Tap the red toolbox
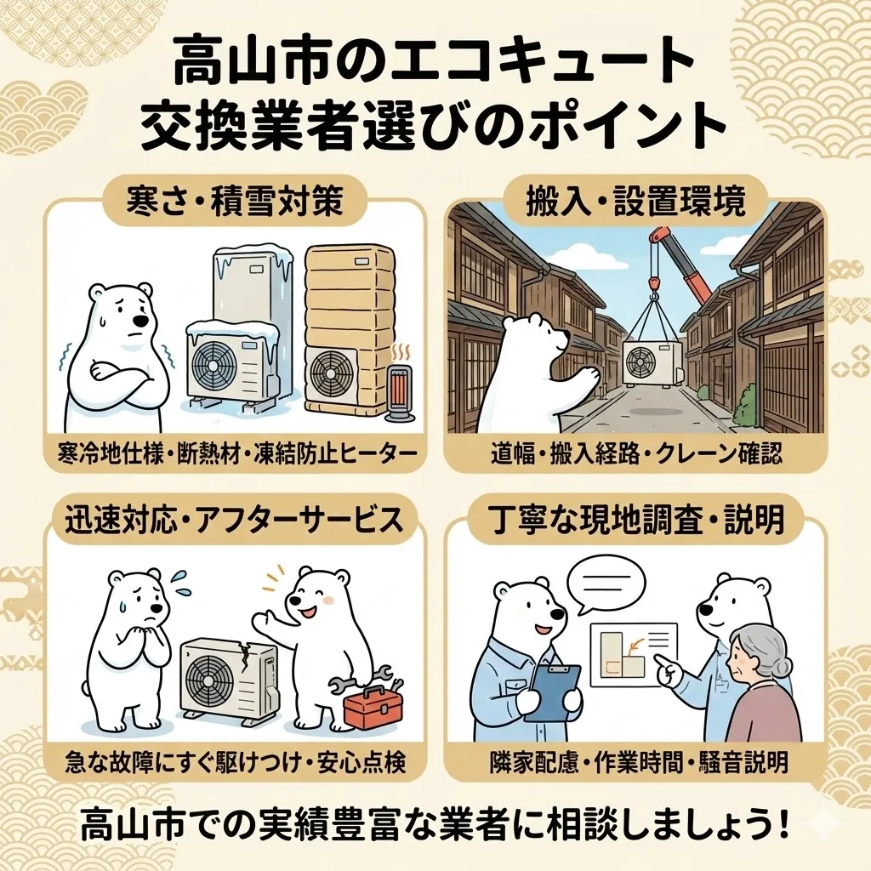click(x=372, y=709)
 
